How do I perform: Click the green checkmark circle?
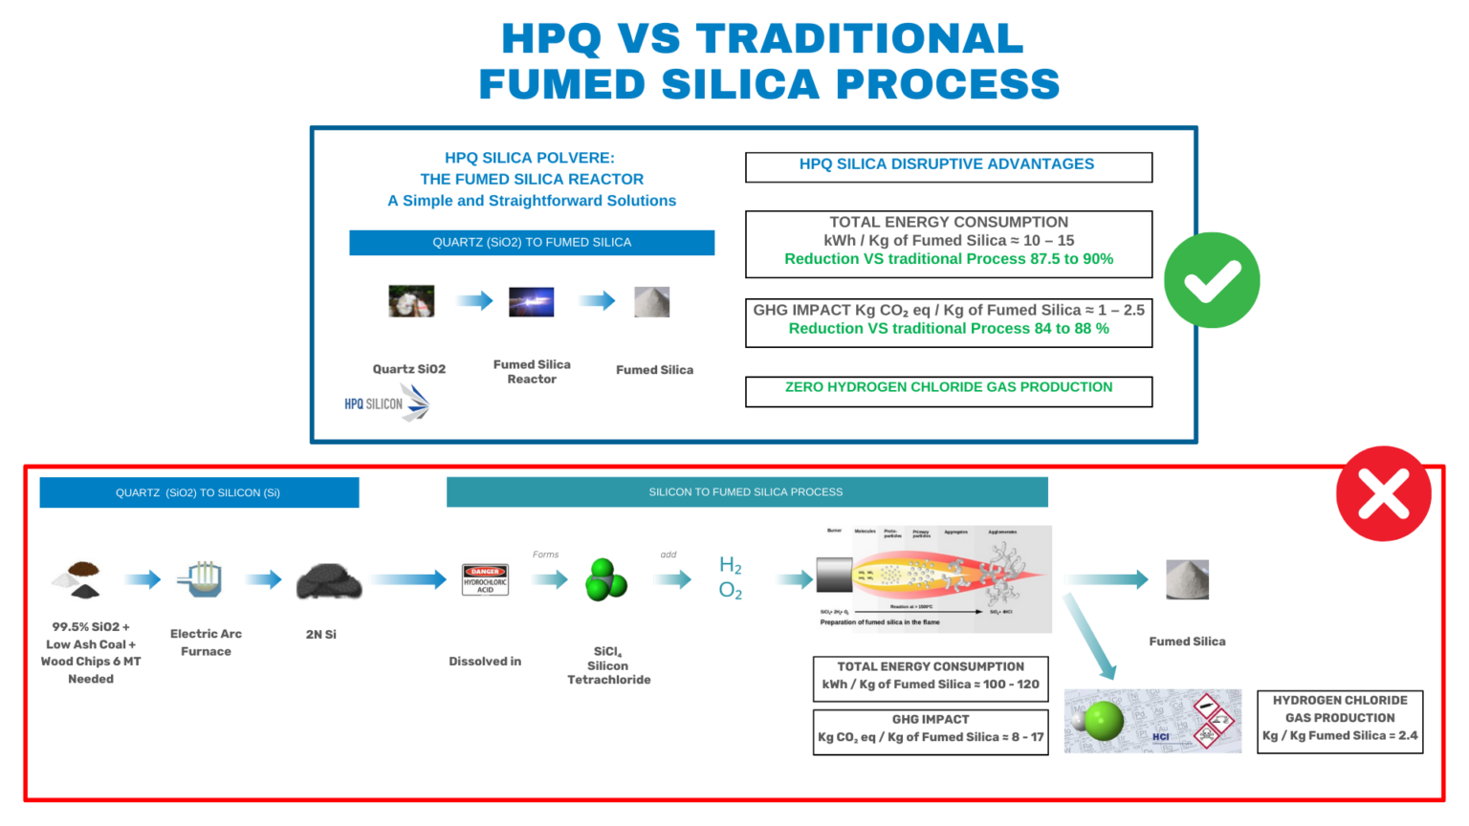[1212, 280]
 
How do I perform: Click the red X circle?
[1383, 493]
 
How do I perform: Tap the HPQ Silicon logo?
[387, 402]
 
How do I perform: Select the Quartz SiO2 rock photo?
[411, 301]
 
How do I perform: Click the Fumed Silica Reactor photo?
[531, 301]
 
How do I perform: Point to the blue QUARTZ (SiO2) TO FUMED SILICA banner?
[532, 242]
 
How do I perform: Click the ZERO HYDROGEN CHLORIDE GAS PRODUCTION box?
[949, 390]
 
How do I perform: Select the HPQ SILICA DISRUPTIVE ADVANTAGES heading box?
[949, 166]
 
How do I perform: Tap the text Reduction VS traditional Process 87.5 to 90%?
[949, 259]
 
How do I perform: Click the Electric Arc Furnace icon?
[201, 578]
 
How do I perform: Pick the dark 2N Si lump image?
[329, 580]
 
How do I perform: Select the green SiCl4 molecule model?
[605, 579]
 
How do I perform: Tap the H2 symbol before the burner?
[730, 565]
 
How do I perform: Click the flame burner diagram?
[932, 578]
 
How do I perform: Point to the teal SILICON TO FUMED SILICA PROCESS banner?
[747, 491]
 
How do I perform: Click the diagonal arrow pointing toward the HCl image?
[1090, 637]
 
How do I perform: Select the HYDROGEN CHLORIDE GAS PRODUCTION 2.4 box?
[1339, 721]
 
